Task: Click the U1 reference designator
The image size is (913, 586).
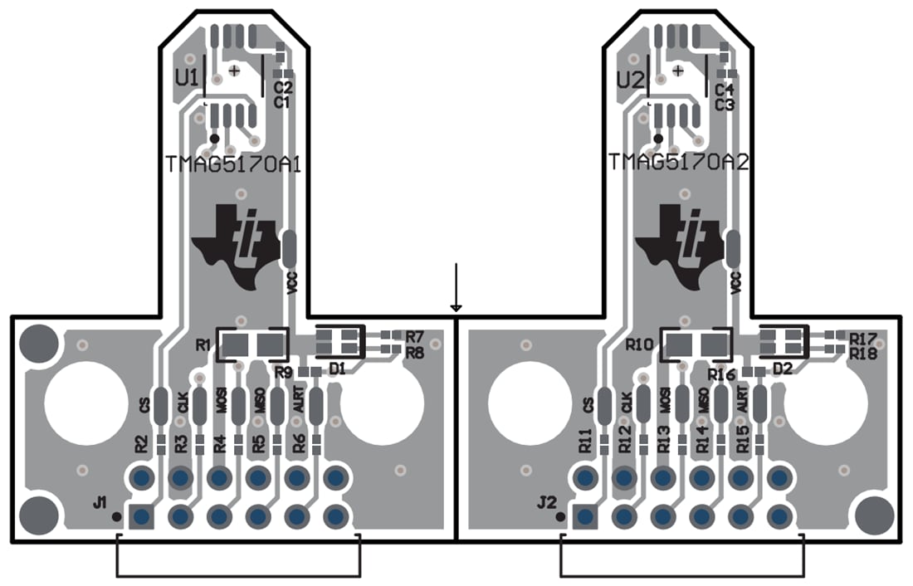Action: point(186,78)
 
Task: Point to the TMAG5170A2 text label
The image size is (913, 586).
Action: point(678,162)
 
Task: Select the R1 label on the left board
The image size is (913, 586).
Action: point(203,343)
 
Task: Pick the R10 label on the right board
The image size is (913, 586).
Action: point(640,343)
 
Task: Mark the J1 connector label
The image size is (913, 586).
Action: point(100,501)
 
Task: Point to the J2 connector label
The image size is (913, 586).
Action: point(545,501)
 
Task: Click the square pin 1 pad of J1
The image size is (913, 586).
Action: point(141,516)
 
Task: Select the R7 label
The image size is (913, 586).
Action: point(415,336)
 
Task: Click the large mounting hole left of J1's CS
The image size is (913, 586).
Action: point(81,404)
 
